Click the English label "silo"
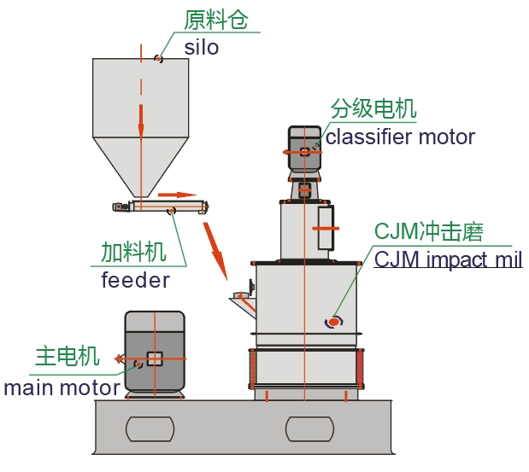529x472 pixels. coord(202,47)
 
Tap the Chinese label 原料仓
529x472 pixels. coord(215,20)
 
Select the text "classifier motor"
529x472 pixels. coord(400,136)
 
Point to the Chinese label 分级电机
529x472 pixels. coord(373,109)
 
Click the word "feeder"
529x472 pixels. coord(135,279)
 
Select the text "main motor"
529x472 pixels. coord(62,388)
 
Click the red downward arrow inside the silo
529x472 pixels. coord(141,119)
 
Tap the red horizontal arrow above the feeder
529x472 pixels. coord(176,194)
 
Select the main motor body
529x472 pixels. coord(155,352)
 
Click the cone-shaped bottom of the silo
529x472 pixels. coord(141,166)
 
